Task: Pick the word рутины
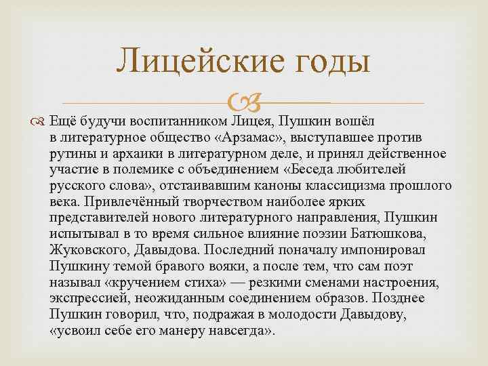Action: coord(72,154)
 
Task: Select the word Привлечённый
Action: coord(119,201)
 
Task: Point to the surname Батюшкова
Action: coord(400,233)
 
